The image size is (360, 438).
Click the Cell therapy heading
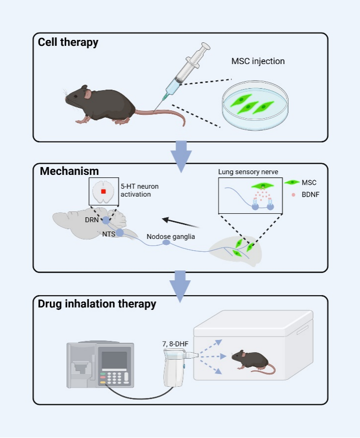click(x=68, y=42)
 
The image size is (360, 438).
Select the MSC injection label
click(x=258, y=62)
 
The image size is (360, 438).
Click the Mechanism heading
click(x=69, y=171)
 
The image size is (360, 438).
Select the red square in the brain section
click(x=104, y=191)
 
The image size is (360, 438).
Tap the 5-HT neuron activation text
click(x=139, y=190)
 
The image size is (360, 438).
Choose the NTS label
click(x=108, y=234)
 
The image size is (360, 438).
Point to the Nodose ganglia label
click(x=171, y=236)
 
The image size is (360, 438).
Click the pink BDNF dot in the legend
click(x=293, y=195)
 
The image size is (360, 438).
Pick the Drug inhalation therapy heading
click(x=97, y=304)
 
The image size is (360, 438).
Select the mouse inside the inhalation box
click(x=252, y=362)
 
